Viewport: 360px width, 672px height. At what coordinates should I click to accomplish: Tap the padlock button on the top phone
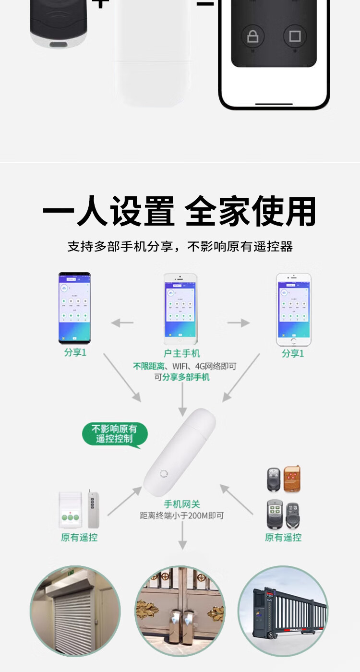pyautogui.click(x=252, y=36)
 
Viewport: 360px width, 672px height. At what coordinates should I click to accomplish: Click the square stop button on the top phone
pyautogui.click(x=295, y=36)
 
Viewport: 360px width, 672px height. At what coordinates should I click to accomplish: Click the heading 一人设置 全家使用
pyautogui.click(x=180, y=212)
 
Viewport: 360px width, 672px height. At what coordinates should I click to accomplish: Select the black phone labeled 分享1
pyautogui.click(x=74, y=308)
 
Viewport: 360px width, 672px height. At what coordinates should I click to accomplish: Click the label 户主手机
pyautogui.click(x=182, y=354)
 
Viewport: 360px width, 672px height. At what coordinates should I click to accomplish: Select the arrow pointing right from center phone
pyautogui.click(x=239, y=323)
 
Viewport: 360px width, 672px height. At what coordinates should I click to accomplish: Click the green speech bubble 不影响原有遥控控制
pyautogui.click(x=114, y=434)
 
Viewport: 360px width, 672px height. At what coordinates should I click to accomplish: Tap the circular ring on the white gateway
pyautogui.click(x=164, y=474)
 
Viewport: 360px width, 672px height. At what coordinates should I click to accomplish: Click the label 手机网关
pyautogui.click(x=182, y=504)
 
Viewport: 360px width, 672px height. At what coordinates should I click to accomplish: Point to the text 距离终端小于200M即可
pyautogui.click(x=182, y=516)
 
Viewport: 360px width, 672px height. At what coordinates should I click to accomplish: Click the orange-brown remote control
pyautogui.click(x=292, y=479)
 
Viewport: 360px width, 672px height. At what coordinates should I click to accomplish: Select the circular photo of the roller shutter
pyautogui.click(x=75, y=611)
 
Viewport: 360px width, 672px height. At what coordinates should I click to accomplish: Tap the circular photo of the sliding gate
pyautogui.click(x=283, y=611)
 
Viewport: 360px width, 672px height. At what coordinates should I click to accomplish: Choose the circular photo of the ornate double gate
pyautogui.click(x=180, y=611)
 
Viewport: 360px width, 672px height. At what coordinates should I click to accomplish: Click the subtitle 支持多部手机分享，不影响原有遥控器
pyautogui.click(x=180, y=247)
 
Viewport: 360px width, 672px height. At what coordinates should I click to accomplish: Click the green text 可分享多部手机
pyautogui.click(x=182, y=377)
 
